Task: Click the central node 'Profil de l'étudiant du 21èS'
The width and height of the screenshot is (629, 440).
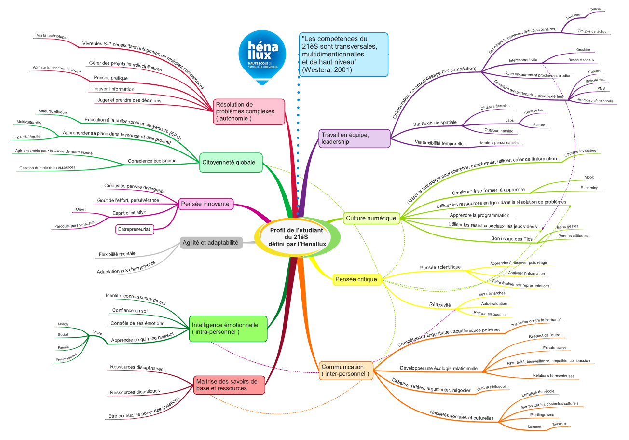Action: click(x=297, y=237)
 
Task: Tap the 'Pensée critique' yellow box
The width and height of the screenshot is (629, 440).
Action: click(x=356, y=279)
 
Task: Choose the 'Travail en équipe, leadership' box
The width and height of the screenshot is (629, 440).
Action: click(x=354, y=138)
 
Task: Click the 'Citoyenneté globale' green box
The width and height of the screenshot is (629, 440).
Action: click(x=231, y=163)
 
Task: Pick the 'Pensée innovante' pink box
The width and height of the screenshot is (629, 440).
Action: click(x=206, y=204)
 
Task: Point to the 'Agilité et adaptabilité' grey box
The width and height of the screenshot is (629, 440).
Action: click(x=211, y=243)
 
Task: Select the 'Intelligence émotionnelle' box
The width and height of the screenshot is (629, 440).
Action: click(x=228, y=329)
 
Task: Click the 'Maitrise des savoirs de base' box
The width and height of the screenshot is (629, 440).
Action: click(x=229, y=385)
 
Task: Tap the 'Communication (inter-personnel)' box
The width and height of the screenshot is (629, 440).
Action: click(x=345, y=371)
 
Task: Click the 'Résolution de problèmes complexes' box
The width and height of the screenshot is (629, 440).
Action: click(x=249, y=111)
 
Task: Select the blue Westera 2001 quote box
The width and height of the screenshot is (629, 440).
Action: click(x=343, y=55)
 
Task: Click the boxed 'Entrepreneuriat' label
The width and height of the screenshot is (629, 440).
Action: click(x=135, y=230)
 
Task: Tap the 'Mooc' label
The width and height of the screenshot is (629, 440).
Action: click(x=589, y=177)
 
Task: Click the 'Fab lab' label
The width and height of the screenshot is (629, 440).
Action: click(x=539, y=125)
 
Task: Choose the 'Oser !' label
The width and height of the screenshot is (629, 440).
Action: click(x=81, y=209)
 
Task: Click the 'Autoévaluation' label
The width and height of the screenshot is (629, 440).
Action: click(x=494, y=304)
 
